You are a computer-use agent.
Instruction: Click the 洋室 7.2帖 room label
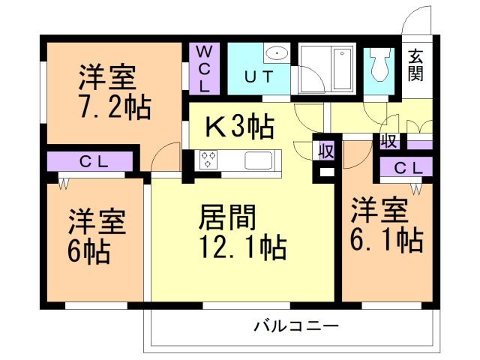(115, 92)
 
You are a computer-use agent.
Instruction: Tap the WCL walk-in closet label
(204, 67)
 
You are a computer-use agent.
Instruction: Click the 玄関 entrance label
(415, 64)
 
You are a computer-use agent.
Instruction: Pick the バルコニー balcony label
(296, 327)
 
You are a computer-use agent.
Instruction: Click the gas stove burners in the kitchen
(208, 160)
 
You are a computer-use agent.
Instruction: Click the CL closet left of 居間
(91, 161)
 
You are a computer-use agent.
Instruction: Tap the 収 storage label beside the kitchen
(326, 149)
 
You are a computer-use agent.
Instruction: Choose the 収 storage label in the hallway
(388, 141)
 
